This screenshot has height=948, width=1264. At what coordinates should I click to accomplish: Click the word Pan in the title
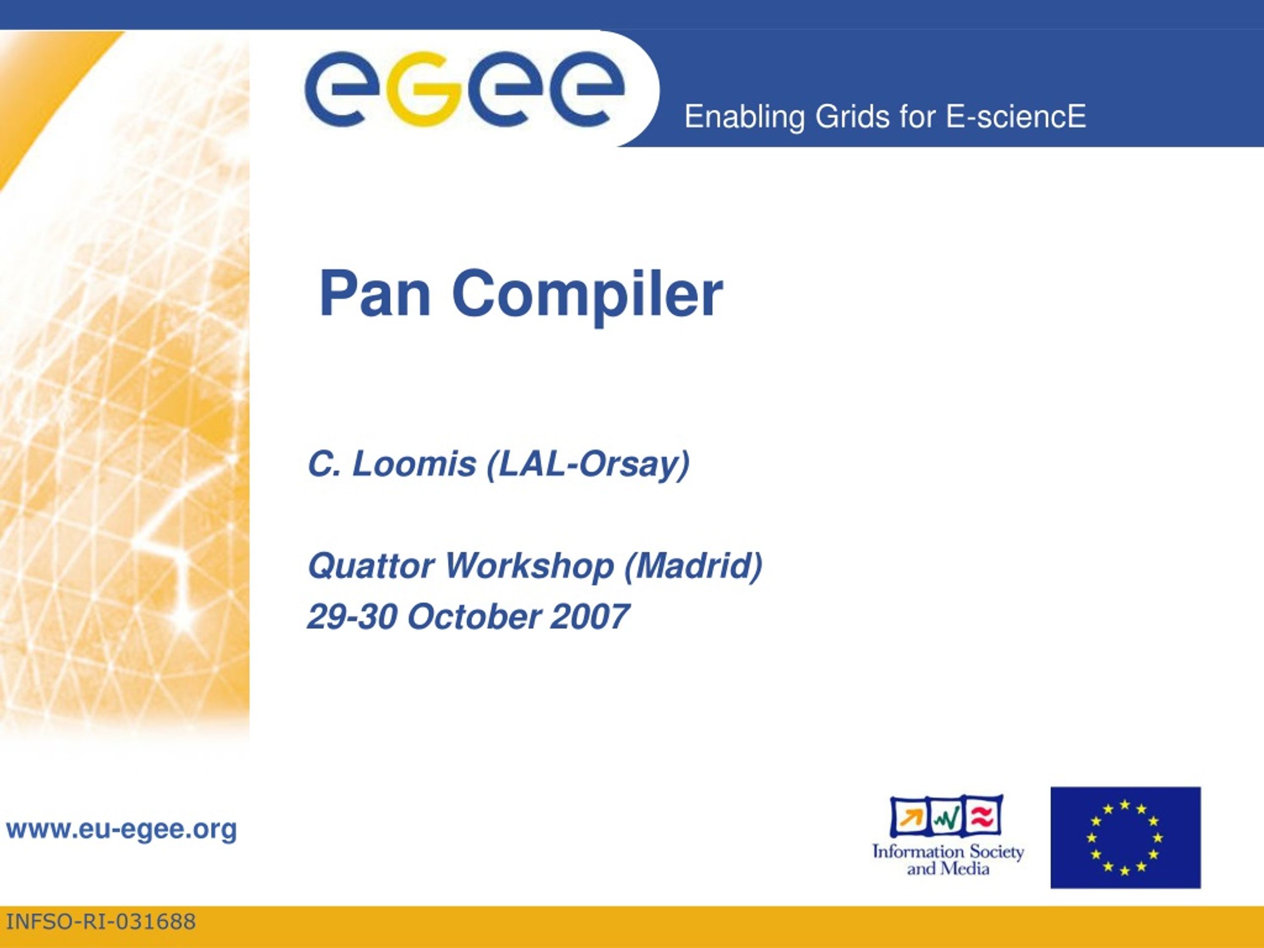point(375,294)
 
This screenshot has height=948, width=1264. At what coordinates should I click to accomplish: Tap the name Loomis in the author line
point(414,464)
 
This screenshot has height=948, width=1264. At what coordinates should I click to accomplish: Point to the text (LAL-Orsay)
point(588,466)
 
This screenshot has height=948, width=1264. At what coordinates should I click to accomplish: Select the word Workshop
point(529,567)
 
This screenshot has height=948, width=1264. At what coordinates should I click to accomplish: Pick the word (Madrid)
point(694,567)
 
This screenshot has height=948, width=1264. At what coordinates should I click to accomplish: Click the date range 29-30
point(352,617)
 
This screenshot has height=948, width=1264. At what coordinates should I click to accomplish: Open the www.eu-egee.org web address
point(121,829)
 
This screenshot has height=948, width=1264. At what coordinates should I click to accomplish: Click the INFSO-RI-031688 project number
point(101,922)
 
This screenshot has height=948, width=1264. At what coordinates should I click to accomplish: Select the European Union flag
point(1126,838)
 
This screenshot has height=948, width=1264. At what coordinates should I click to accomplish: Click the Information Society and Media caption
point(948,860)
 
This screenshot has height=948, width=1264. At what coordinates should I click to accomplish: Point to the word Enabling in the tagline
point(745,118)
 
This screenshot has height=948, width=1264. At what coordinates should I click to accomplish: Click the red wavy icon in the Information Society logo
point(983,818)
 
